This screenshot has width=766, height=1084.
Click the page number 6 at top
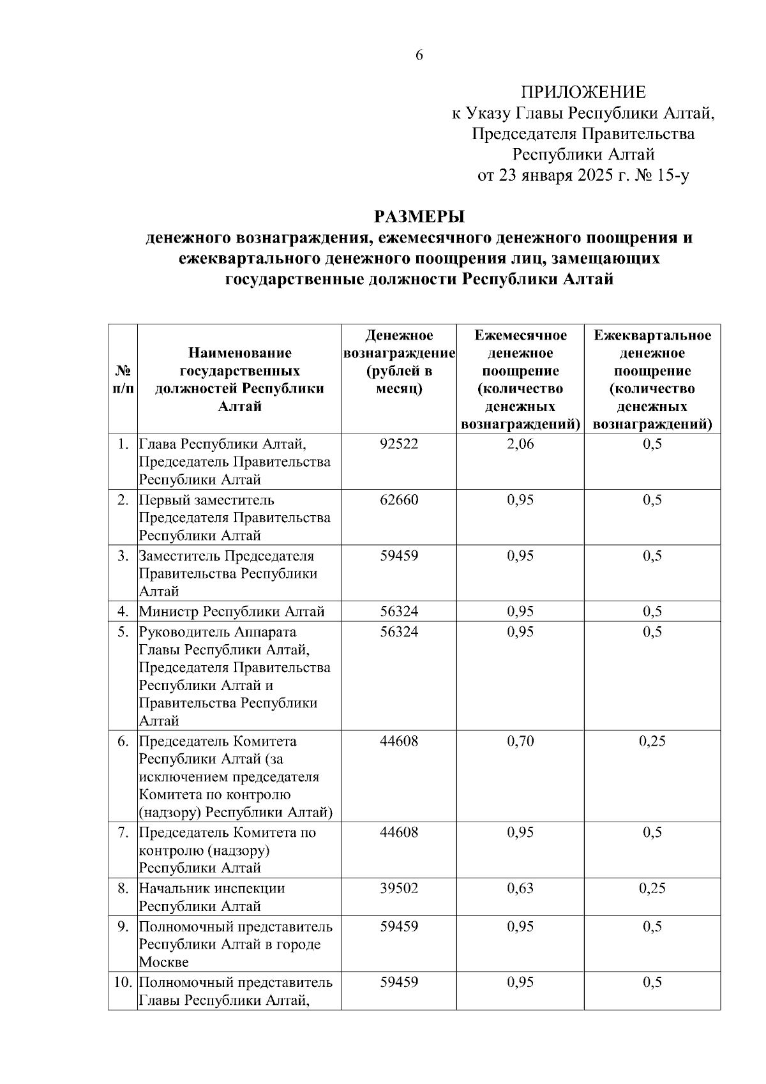[419, 56]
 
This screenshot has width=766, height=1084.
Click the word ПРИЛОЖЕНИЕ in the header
[583, 93]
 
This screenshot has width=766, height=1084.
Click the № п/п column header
[123, 379]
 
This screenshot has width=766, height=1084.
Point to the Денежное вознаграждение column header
[399, 362]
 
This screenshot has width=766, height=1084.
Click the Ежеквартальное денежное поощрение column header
[652, 379]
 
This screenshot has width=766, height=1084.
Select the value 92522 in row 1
[399, 444]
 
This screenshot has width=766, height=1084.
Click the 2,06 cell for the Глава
[520, 444]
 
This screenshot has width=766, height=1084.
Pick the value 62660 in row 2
[399, 500]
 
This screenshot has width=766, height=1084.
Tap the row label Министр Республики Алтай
[232, 612]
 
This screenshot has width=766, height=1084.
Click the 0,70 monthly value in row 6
[520, 741]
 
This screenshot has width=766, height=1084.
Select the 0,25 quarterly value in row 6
[652, 741]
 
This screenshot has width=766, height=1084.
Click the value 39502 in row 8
[399, 888]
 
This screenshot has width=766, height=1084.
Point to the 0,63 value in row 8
[520, 888]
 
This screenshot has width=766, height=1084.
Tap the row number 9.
[123, 926]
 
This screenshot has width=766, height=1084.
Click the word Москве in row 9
[164, 962]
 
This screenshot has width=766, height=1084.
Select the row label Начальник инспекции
[212, 888]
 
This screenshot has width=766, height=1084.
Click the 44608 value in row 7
[399, 832]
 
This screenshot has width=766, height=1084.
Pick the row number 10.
[123, 982]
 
